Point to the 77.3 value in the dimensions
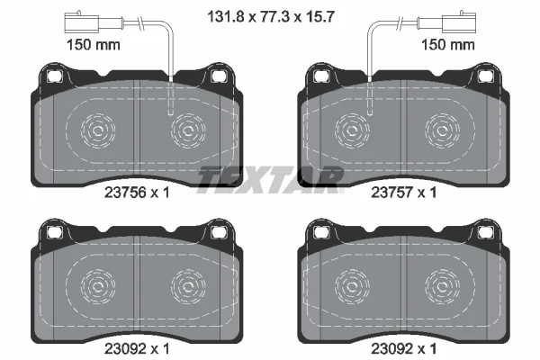(275, 16)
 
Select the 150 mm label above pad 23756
(93, 45)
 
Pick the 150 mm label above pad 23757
(448, 45)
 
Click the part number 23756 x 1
(137, 193)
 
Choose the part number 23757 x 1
(403, 193)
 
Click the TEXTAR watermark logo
(271, 179)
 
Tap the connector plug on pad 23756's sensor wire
(82, 22)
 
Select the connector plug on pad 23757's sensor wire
(459, 22)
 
